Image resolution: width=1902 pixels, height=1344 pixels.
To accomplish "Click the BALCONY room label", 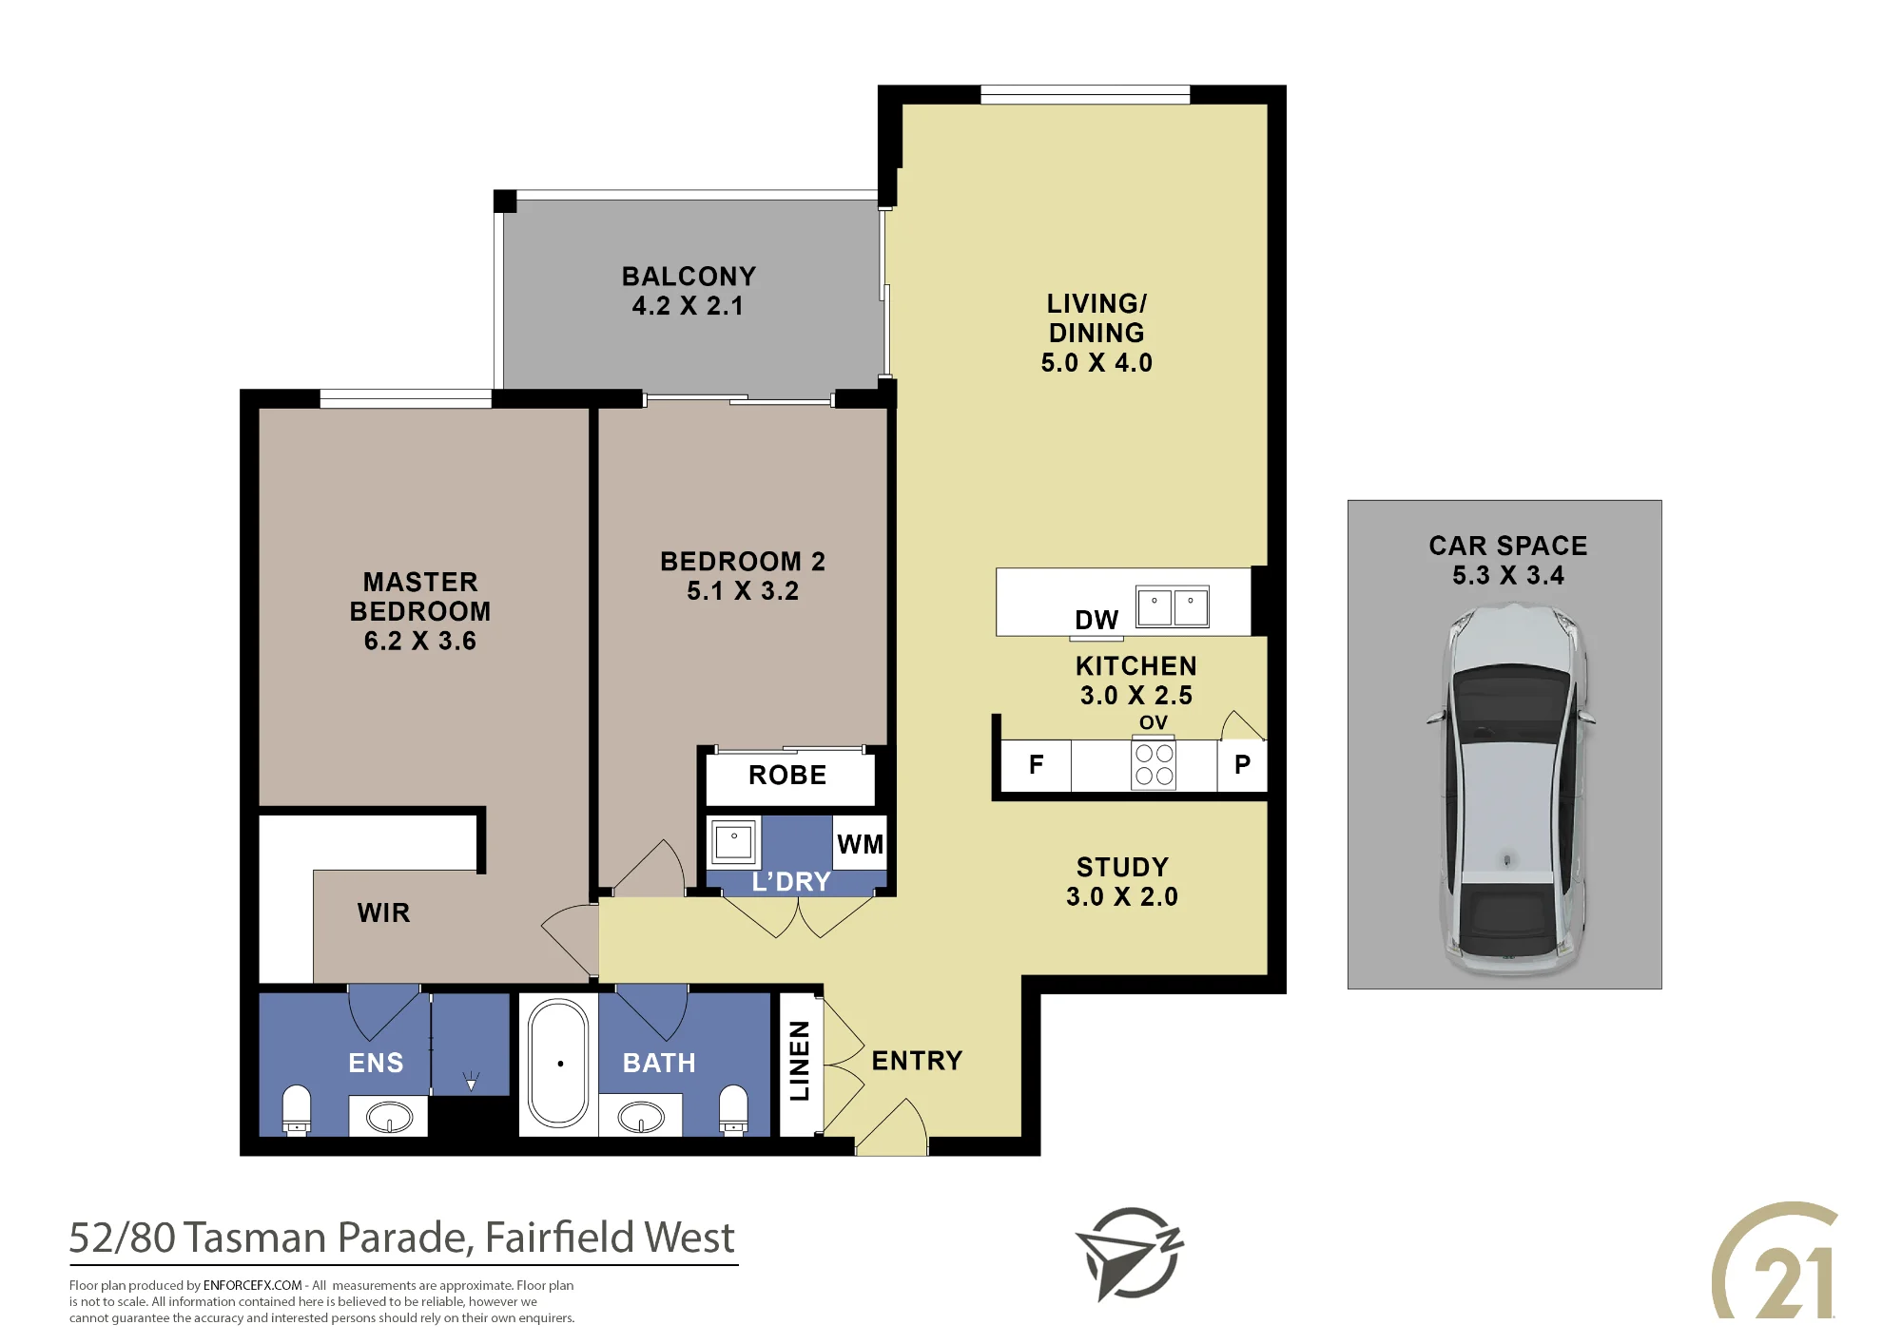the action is click(x=689, y=277).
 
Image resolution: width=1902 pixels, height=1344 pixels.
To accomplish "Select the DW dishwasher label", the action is click(x=1097, y=620).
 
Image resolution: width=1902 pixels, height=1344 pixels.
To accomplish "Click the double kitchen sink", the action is click(x=1173, y=606).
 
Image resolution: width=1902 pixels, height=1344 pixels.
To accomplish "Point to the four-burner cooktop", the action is click(x=1154, y=764).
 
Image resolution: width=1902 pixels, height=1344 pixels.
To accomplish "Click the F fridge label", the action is click(x=1037, y=764).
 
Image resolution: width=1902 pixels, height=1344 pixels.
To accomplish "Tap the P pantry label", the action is click(x=1242, y=764).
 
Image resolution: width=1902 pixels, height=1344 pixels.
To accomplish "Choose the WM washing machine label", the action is click(x=861, y=844).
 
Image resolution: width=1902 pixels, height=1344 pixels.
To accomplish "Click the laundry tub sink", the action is click(x=734, y=841).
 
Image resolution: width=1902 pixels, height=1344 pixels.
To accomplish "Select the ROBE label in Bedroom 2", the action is click(x=787, y=775).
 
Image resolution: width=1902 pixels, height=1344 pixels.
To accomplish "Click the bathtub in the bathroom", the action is click(x=559, y=1063).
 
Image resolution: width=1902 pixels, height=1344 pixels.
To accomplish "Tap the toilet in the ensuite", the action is click(x=297, y=1109).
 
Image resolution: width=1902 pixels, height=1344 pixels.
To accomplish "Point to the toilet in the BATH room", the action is click(x=733, y=1109).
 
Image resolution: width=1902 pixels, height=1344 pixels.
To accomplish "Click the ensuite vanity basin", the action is click(x=389, y=1117).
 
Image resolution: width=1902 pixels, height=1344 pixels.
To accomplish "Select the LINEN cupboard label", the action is click(x=800, y=1061).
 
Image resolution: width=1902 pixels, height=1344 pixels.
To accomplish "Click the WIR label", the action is click(x=384, y=912).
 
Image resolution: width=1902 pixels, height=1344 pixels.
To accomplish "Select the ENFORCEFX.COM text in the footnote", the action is click(x=253, y=1285).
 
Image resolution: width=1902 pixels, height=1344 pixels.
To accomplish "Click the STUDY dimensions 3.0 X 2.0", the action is click(x=1122, y=896).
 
